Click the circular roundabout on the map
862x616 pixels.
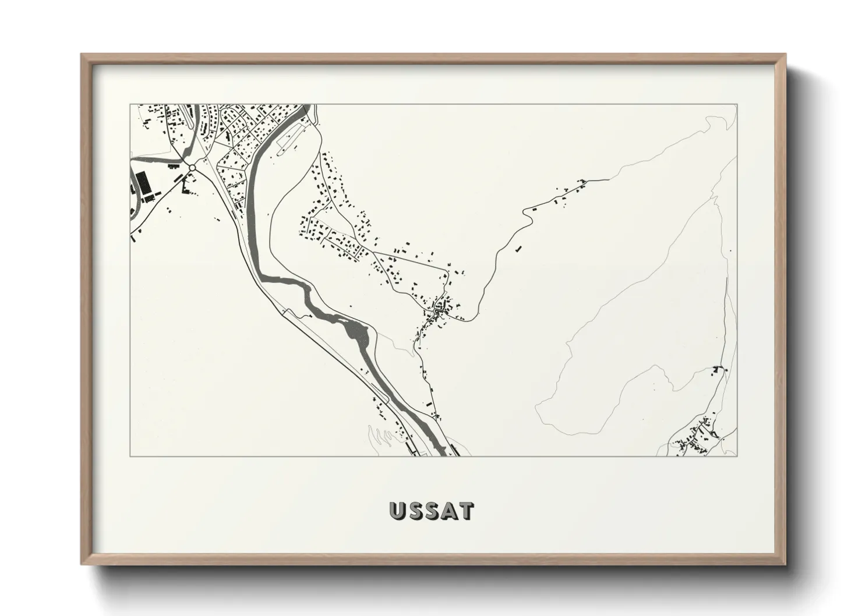(x=192, y=168)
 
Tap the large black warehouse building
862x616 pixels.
(x=142, y=182)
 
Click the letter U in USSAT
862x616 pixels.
(x=398, y=511)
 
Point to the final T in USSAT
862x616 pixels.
(x=466, y=511)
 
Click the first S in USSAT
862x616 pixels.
(x=415, y=511)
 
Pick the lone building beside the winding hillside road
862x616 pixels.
(x=517, y=249)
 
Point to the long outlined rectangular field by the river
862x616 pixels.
(x=289, y=139)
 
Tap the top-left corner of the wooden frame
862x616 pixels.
(x=82, y=55)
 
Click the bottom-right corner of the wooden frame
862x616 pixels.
(x=785, y=564)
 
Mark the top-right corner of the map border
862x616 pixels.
(x=737, y=105)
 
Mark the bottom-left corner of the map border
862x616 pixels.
(x=130, y=456)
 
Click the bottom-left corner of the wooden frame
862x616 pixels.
(x=82, y=564)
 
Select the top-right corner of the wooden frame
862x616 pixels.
(x=785, y=55)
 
